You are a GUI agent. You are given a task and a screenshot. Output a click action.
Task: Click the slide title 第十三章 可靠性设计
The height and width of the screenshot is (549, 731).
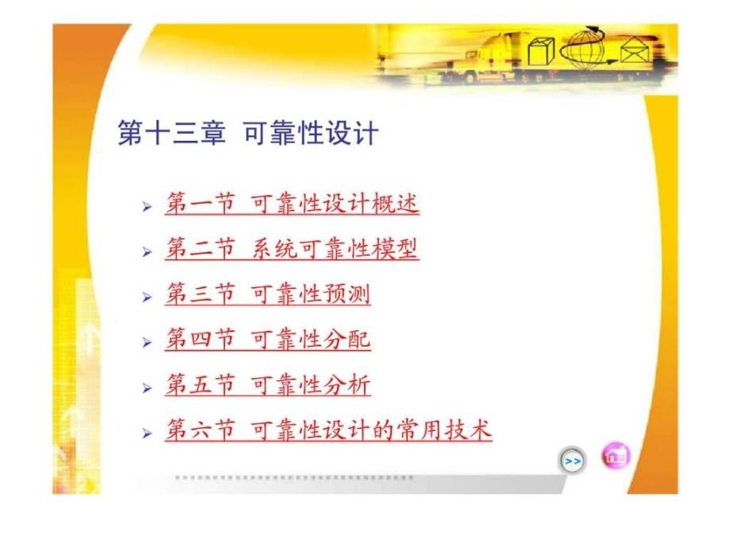[248, 133]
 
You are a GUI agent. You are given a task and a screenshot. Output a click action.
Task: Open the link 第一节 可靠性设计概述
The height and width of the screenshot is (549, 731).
[292, 204]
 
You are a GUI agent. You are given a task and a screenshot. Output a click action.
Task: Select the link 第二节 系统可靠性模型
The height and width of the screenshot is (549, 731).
[292, 248]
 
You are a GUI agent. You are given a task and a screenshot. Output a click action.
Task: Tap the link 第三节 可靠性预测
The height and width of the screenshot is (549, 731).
[268, 294]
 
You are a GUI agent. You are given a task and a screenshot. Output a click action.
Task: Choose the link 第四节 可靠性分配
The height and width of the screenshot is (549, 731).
[268, 339]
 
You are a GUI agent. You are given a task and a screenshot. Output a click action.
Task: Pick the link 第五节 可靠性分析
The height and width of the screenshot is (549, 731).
[268, 384]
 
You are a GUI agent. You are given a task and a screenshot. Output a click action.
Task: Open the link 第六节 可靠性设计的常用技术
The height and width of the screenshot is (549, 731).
[329, 430]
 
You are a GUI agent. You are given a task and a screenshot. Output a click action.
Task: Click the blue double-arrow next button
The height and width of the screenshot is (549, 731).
[573, 461]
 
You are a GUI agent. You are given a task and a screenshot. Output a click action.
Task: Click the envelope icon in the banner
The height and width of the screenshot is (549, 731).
[635, 52]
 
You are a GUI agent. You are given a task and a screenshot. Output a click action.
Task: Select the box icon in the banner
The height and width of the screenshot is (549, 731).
[541, 52]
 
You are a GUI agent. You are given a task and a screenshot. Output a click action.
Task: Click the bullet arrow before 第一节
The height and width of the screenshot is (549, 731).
[147, 206]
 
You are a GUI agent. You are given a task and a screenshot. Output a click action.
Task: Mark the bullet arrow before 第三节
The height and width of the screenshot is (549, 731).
[147, 297]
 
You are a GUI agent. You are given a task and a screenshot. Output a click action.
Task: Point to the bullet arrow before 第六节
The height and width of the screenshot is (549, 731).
[147, 433]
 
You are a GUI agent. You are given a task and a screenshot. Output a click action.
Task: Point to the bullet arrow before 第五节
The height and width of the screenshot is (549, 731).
[147, 388]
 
